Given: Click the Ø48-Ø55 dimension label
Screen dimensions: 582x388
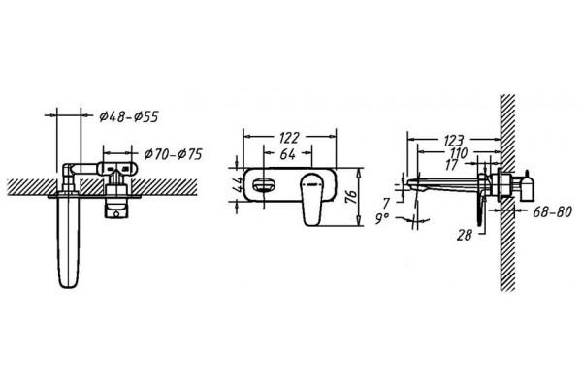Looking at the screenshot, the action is [x=129, y=116].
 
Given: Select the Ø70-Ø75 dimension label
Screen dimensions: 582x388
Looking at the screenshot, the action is [x=173, y=153].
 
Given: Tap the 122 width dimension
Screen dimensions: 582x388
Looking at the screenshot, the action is [x=289, y=138].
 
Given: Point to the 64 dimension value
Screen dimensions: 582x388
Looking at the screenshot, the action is [x=288, y=153].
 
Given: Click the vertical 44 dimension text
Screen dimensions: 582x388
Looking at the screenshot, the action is [x=238, y=184].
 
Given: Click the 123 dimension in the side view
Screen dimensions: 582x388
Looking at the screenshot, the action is [x=454, y=141].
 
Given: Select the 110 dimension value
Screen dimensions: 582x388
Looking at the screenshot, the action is [x=459, y=152].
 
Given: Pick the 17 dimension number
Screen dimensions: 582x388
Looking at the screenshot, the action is [x=452, y=165].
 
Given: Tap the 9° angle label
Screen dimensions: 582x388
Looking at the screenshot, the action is [x=382, y=219].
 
